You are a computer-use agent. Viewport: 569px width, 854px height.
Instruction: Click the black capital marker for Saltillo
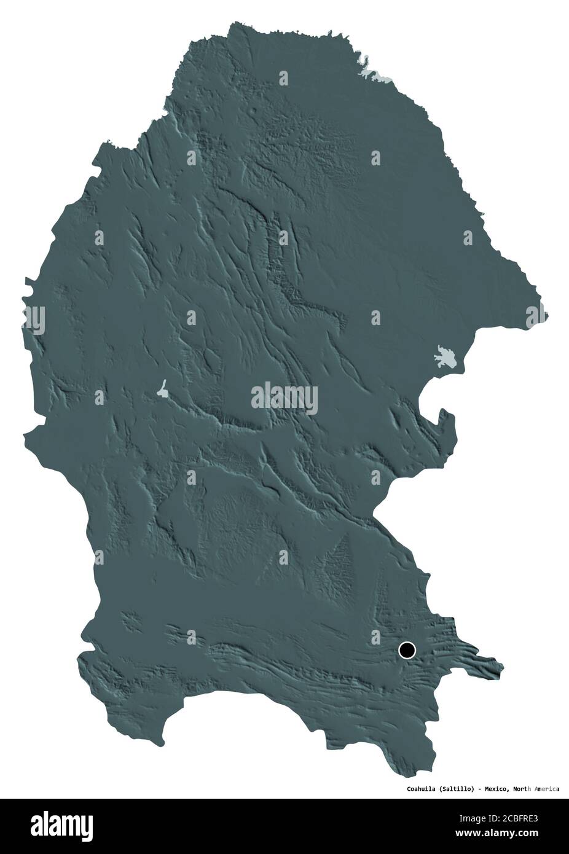coord(407,650)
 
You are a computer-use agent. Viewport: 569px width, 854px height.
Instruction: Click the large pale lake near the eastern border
coord(447,358)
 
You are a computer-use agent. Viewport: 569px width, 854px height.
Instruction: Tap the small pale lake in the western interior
coord(162,389)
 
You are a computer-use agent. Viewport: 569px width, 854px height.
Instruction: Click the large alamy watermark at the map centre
coord(284,398)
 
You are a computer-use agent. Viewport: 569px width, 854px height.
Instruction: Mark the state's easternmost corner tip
coord(546,317)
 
